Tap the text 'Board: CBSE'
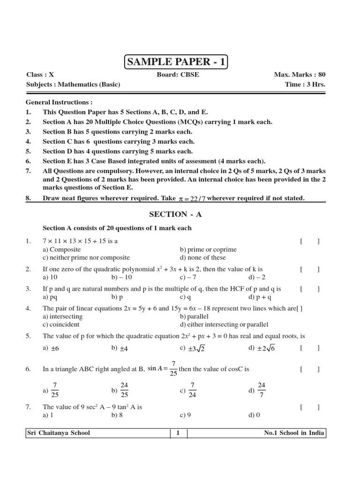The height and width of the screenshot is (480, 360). pyautogui.click(x=178, y=75)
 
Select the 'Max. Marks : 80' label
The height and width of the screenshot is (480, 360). pyautogui.click(x=300, y=75)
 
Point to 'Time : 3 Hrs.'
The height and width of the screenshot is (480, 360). pyautogui.click(x=305, y=84)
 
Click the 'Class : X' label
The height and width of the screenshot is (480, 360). pyautogui.click(x=40, y=75)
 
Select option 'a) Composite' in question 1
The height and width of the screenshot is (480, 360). pyautogui.click(x=61, y=249)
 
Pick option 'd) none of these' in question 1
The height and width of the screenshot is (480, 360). pyautogui.click(x=202, y=257)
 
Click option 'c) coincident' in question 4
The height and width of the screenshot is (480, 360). pyautogui.click(x=61, y=324)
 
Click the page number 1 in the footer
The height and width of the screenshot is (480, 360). pyautogui.click(x=178, y=433)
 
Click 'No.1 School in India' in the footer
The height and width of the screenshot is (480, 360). pyautogui.click(x=294, y=433)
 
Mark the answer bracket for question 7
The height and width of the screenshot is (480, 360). pyautogui.click(x=310, y=407)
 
